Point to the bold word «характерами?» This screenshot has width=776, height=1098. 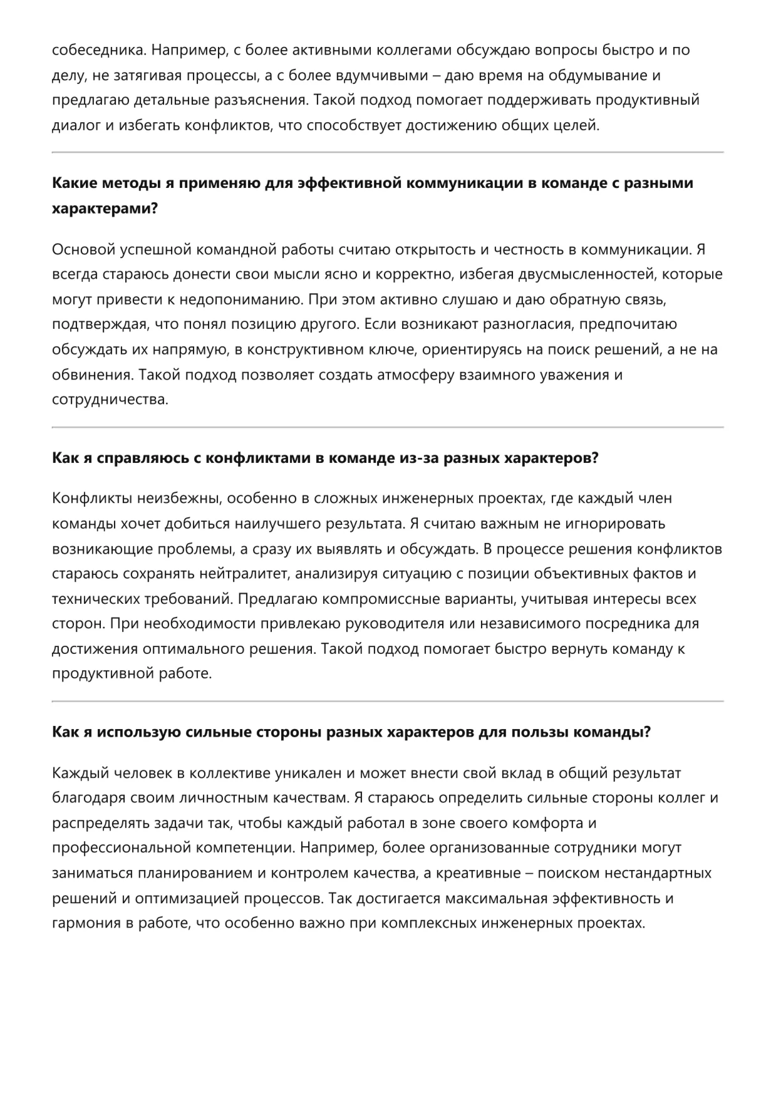pos(105,209)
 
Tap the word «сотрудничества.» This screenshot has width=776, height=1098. pos(110,400)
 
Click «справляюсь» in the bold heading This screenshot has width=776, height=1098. pos(140,458)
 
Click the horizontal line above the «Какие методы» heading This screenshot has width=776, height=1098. pos(388,152)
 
